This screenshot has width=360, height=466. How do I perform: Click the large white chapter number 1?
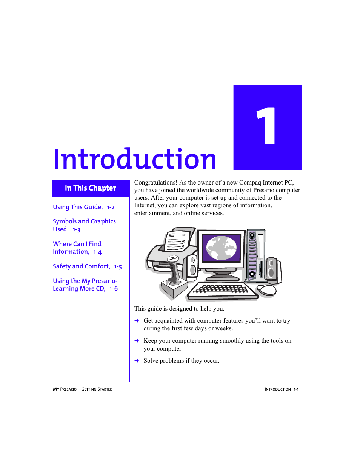267,126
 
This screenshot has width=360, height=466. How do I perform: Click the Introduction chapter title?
135,159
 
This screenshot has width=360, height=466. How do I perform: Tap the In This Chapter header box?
91,188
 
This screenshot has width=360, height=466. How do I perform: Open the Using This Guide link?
78,207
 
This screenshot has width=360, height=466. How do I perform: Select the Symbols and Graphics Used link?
84,225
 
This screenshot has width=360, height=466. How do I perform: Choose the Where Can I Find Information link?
77,248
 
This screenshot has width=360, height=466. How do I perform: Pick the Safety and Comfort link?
82,266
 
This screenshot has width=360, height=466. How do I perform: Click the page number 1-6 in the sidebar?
114,289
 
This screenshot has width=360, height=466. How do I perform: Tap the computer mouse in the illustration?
267,290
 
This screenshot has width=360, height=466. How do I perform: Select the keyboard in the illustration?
223,290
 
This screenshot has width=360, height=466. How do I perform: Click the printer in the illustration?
170,249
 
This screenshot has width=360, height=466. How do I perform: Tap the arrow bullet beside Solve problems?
137,361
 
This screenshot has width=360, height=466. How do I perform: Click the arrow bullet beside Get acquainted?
137,321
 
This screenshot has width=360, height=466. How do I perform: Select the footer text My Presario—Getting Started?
83,389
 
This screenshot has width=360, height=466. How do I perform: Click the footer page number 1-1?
296,389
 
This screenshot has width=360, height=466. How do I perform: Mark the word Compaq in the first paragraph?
250,183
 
